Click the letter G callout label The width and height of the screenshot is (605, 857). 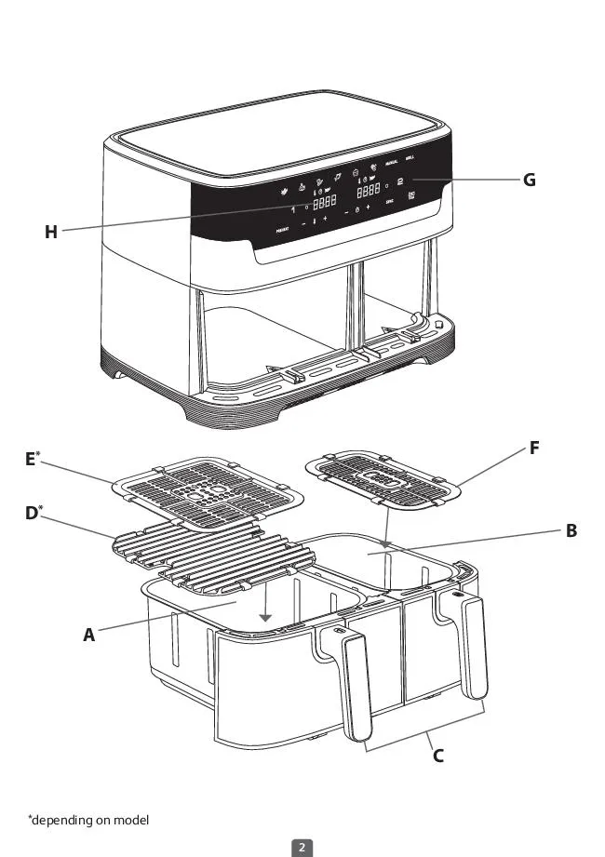529,180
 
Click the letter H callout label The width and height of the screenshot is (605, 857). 51,233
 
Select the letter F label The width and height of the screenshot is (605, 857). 534,449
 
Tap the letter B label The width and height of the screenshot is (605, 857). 571,530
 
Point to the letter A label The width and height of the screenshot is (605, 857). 89,636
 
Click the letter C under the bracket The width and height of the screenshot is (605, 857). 437,756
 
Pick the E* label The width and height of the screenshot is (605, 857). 32,459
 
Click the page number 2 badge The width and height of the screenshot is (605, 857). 302,847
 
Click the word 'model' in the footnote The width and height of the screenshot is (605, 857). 129,820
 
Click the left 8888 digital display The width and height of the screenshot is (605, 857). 324,203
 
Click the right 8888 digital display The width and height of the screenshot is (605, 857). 370,189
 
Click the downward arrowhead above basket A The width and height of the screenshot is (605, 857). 265,617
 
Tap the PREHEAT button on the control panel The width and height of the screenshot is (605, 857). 281,229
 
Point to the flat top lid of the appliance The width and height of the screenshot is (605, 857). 279,135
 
